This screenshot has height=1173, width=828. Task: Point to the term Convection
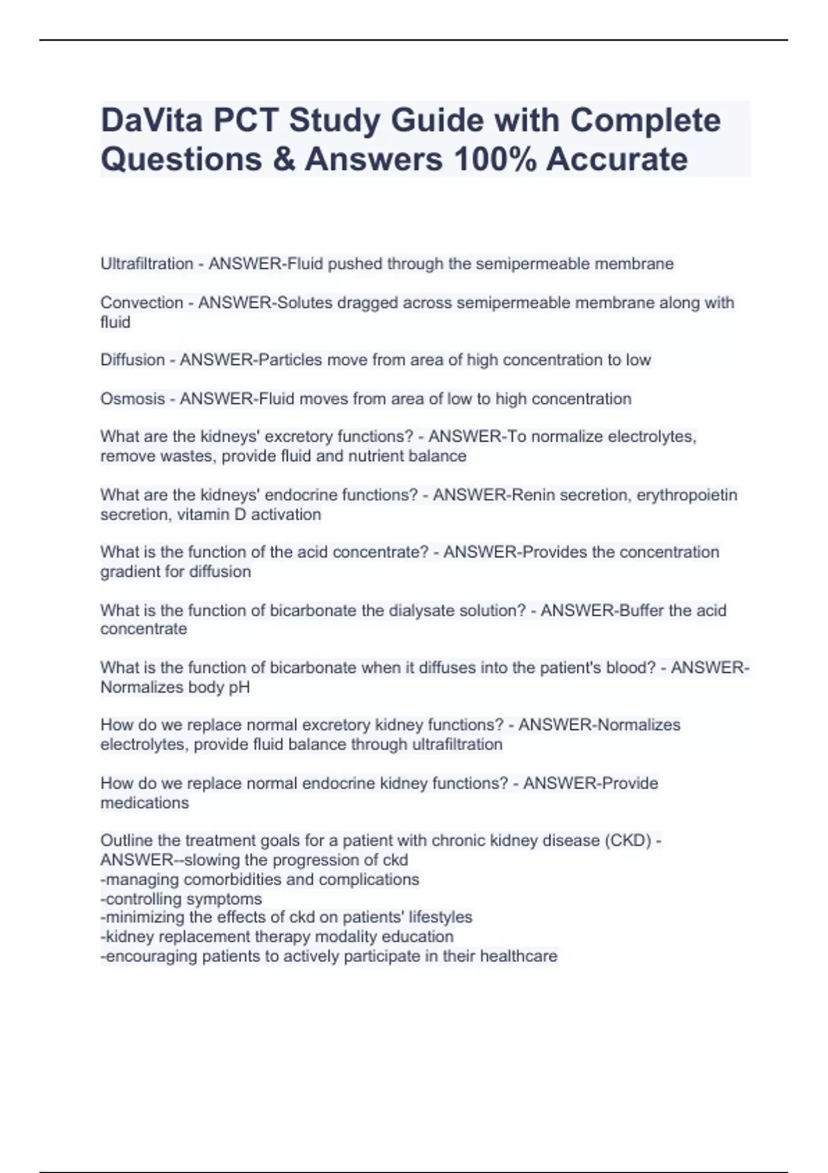point(141,303)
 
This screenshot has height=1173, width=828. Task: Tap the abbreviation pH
point(240,687)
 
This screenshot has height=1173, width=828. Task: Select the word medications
point(144,803)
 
